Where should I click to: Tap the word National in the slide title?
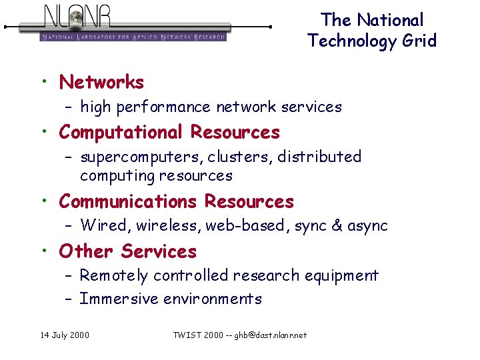(390, 20)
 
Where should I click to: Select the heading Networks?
(101, 82)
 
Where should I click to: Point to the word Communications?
(127, 201)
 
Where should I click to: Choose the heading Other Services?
(127, 251)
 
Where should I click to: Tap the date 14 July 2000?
(64, 335)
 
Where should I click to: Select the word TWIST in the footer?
(186, 335)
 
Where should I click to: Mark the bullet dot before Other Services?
(43, 251)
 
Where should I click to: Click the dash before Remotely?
(69, 275)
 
